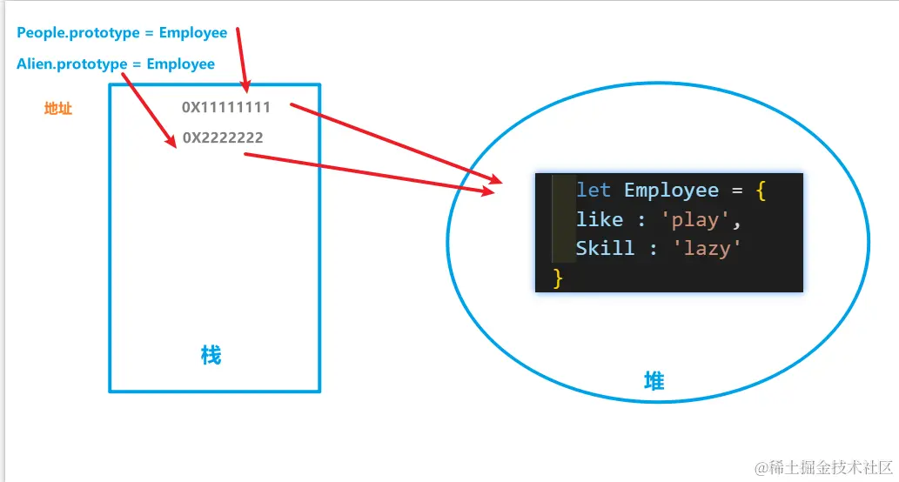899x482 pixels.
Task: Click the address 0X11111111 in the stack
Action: pos(226,107)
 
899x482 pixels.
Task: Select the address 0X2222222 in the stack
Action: pos(223,137)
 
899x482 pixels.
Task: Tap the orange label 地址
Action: pos(58,109)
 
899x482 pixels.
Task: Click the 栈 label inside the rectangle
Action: pos(211,355)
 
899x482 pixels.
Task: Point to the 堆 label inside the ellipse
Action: pos(654,381)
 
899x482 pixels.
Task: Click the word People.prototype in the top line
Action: pos(78,33)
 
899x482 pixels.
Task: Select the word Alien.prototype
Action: pos(71,64)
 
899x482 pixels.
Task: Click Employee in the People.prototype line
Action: pos(193,33)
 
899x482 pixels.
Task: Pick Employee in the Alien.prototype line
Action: pos(181,64)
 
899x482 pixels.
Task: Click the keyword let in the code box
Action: pos(594,190)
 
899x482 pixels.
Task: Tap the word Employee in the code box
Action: pos(671,190)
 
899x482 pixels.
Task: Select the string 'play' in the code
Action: pos(694,219)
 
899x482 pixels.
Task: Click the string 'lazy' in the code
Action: pos(707,248)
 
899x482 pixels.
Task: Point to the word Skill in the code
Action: pos(606,248)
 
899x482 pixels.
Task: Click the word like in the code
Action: pos(600,219)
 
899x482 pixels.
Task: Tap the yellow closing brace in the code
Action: pos(558,278)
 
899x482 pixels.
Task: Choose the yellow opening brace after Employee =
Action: pos(761,191)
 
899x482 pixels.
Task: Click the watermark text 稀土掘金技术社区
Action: pos(831,467)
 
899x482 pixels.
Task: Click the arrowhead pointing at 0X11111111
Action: pos(246,86)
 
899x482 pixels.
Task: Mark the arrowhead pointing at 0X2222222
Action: pos(171,141)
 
